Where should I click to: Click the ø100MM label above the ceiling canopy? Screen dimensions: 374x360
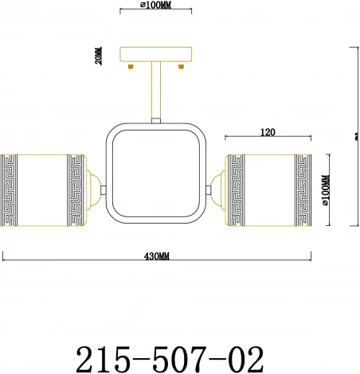(155, 5)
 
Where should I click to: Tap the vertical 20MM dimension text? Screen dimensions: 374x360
(98, 57)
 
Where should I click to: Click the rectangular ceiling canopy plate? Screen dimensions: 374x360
(157, 57)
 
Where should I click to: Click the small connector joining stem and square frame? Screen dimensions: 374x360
(157, 120)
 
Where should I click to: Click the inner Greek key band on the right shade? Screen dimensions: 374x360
(237, 189)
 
